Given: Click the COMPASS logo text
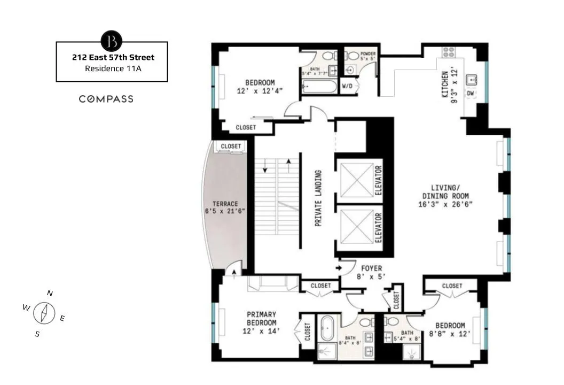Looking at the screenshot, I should (x=106, y=99).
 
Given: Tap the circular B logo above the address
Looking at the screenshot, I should (x=112, y=41).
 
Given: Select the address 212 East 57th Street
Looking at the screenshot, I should (x=113, y=57).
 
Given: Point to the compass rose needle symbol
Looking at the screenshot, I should (x=45, y=313).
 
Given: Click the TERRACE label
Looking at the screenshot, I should (x=225, y=204).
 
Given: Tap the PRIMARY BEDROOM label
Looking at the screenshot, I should (x=261, y=319).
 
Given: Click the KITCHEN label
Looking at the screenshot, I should (x=444, y=84).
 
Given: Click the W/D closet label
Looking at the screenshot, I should (x=347, y=86).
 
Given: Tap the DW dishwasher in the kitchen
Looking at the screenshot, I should (x=471, y=94).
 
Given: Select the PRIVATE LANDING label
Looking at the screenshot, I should (x=318, y=198).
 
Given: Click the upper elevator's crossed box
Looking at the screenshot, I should (x=357, y=180).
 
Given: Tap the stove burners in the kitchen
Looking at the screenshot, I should (x=448, y=52).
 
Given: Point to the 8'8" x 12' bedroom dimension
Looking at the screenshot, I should (x=449, y=334).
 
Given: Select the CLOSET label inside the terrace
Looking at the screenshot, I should (x=231, y=146).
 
